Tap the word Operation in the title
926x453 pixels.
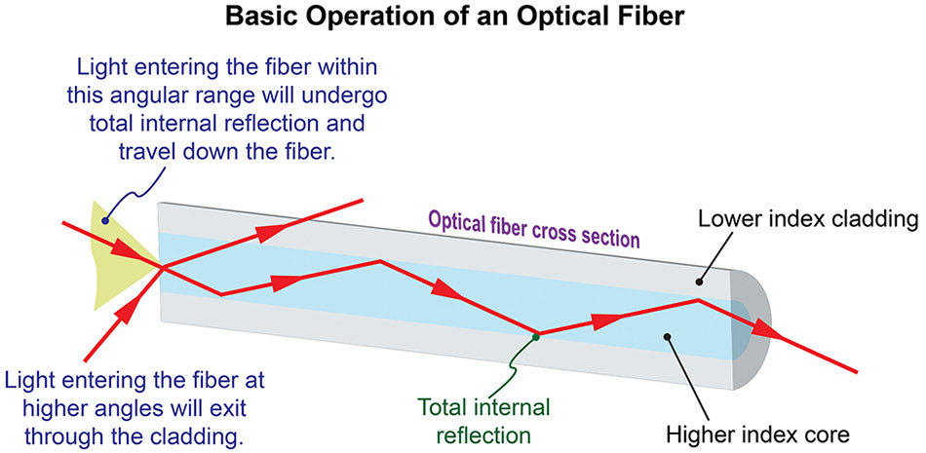click(x=376, y=17)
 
